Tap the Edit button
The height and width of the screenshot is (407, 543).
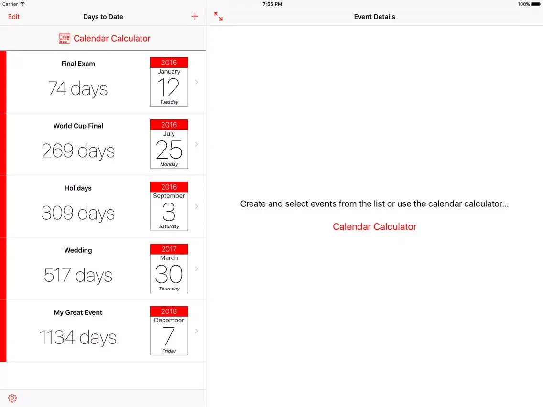click(x=13, y=17)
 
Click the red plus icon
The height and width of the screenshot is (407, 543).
click(x=195, y=16)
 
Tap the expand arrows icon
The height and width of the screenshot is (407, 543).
click(x=218, y=16)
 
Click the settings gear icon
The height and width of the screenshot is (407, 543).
click(x=12, y=398)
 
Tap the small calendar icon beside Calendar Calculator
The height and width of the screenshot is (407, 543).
click(x=65, y=38)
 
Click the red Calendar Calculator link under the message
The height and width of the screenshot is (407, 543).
click(x=374, y=227)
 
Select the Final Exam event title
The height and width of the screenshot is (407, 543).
click(x=78, y=64)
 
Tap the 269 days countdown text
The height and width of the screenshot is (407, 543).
click(x=78, y=151)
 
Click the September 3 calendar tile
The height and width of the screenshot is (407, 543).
click(x=169, y=206)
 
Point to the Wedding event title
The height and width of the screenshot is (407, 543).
click(x=78, y=250)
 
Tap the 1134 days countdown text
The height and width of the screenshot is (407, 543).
click(x=78, y=337)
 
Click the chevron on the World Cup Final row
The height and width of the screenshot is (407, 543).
click(x=197, y=144)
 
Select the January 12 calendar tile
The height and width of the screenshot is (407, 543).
click(x=169, y=82)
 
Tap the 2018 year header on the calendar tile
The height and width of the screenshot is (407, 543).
click(x=169, y=311)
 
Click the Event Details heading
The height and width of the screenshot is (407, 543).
click(x=374, y=17)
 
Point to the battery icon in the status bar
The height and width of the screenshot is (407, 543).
click(x=536, y=4)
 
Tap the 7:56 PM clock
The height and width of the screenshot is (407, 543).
click(x=272, y=4)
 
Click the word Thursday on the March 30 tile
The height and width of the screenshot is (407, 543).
click(x=169, y=289)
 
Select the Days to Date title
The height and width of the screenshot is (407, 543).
click(x=103, y=17)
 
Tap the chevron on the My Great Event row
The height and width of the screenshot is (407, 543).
click(x=197, y=331)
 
